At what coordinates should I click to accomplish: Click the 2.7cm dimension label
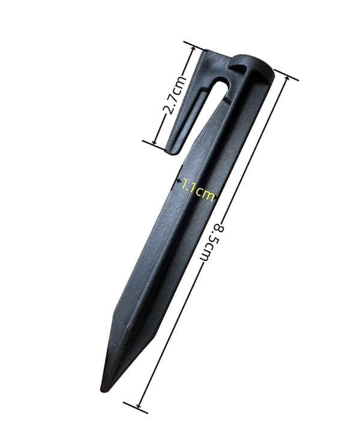(x=175, y=94)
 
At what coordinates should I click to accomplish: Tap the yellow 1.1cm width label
(x=198, y=189)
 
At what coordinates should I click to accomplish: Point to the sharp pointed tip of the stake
(x=103, y=390)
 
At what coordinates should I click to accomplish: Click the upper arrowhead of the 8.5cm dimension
(x=286, y=79)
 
